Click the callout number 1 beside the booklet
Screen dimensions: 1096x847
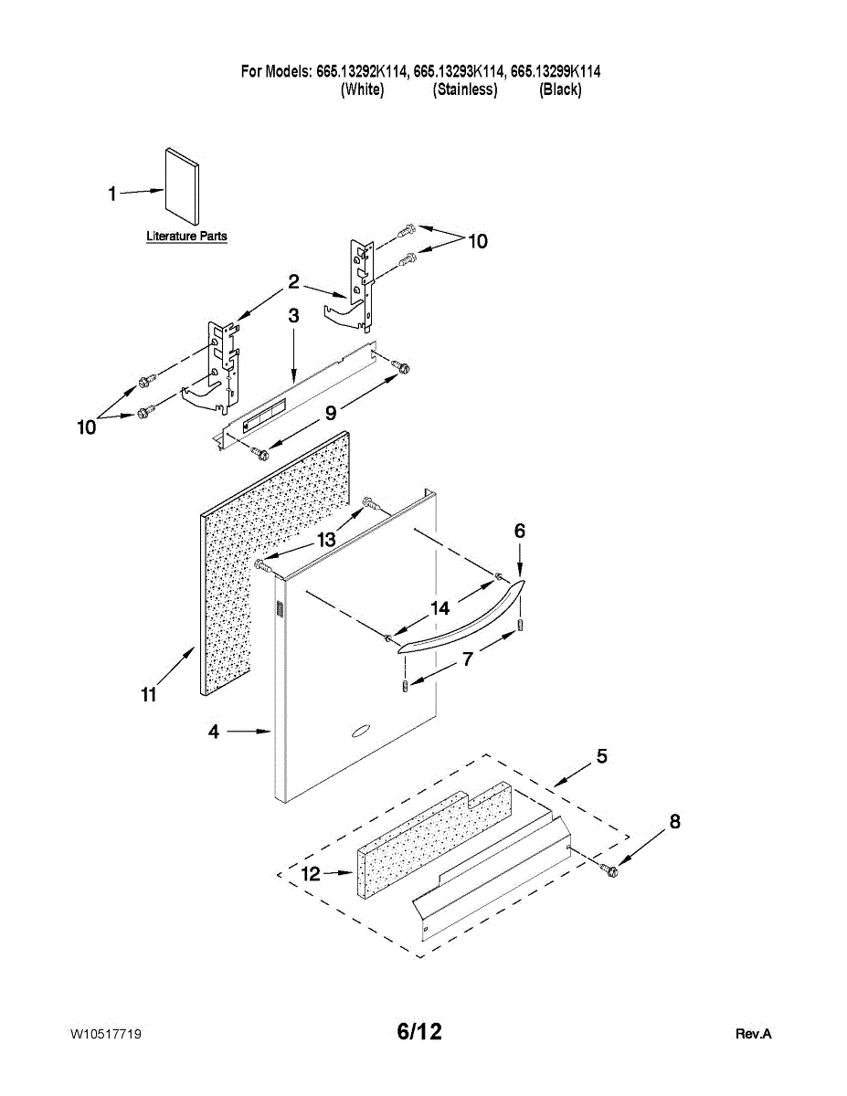point(112,194)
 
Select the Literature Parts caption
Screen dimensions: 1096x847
point(186,237)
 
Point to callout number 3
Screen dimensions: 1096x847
point(293,316)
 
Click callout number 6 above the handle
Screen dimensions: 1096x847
point(520,531)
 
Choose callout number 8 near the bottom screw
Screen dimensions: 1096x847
point(674,821)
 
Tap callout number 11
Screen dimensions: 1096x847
point(149,695)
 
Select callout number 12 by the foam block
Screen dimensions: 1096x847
point(311,874)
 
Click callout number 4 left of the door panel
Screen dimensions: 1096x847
point(213,732)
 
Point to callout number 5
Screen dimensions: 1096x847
point(602,756)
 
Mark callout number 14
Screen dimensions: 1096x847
point(440,607)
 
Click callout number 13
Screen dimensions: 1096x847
point(326,540)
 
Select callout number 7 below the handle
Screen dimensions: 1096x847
point(468,659)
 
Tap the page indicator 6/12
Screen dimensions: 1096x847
point(419,1032)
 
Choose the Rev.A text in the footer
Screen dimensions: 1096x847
point(754,1034)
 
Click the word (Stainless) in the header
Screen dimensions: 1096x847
point(465,90)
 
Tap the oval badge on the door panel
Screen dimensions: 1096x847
point(359,730)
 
